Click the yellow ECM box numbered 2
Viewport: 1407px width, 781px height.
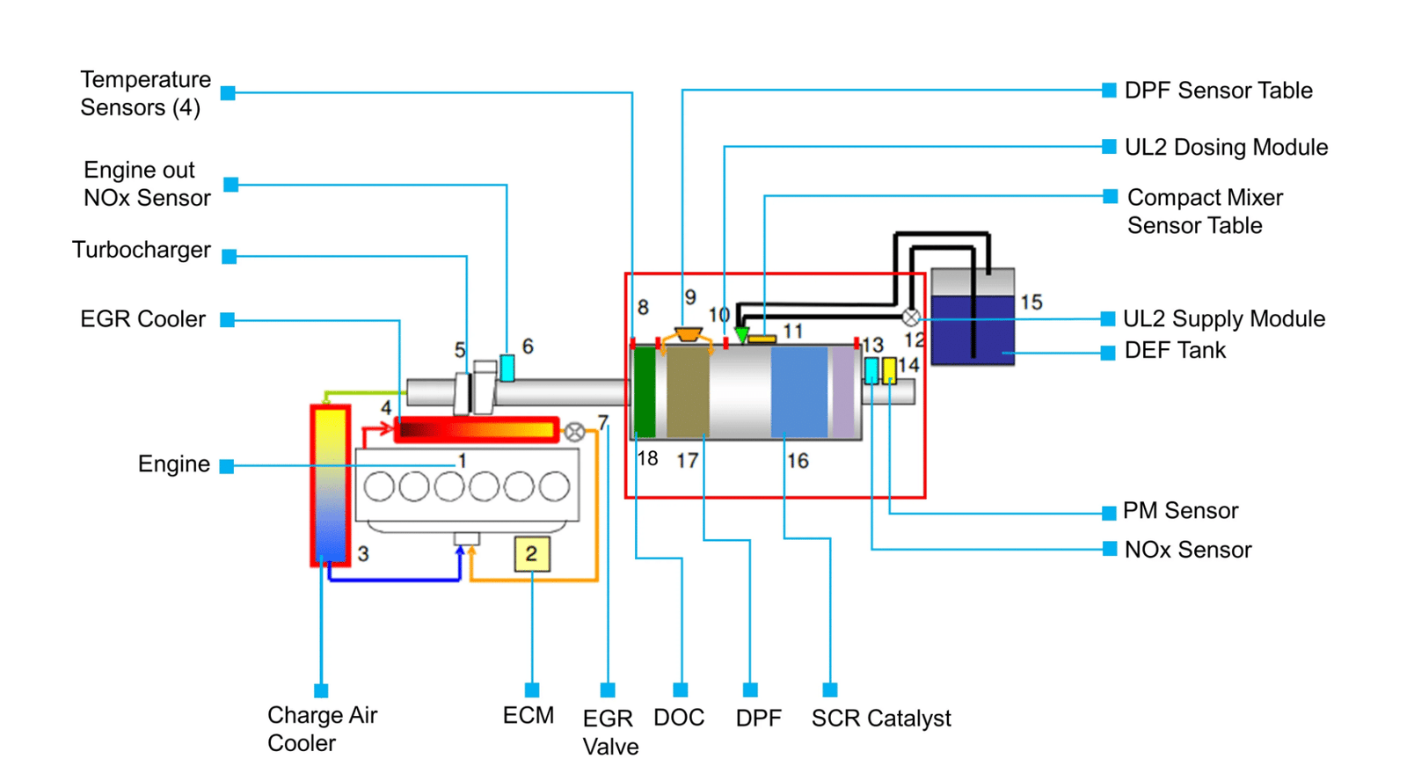click(532, 553)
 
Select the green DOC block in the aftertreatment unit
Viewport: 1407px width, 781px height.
click(645, 392)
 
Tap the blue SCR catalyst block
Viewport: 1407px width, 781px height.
click(799, 392)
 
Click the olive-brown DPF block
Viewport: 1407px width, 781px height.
click(688, 392)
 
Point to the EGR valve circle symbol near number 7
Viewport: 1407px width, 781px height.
click(574, 432)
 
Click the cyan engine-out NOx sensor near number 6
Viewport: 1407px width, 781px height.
click(507, 368)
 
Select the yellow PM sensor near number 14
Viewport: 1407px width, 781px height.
click(889, 370)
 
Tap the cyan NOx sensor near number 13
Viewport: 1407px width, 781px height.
click(871, 370)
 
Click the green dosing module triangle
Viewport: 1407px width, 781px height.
click(742, 334)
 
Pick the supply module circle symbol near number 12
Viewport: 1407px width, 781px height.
click(911, 318)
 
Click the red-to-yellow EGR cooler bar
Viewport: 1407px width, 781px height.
click(477, 430)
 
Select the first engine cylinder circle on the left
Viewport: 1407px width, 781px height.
click(379, 486)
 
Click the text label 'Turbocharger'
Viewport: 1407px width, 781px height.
click(142, 250)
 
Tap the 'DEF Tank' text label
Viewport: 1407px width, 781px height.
click(1175, 350)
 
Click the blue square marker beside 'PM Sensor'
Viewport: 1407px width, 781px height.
click(1109, 513)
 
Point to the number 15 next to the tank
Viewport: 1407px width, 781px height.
click(1032, 303)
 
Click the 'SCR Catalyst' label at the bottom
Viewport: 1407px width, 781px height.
click(881, 719)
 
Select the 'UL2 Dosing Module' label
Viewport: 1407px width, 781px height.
click(1226, 147)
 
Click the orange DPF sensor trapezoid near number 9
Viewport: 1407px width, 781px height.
click(689, 333)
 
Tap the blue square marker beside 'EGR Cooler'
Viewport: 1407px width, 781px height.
click(228, 320)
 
